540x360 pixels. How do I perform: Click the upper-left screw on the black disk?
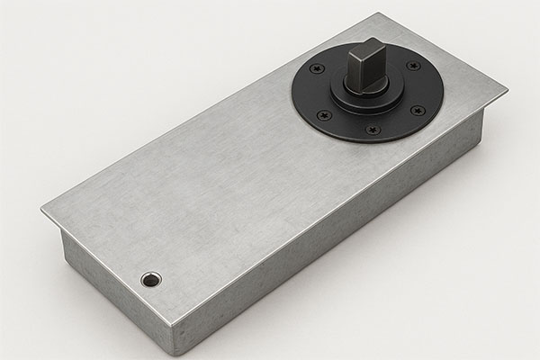pyautogui.click(x=315, y=69)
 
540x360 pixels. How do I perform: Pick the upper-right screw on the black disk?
pyautogui.click(x=412, y=66)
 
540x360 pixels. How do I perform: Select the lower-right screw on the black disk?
pyautogui.click(x=418, y=111)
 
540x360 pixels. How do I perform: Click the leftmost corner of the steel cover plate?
pyautogui.click(x=42, y=212)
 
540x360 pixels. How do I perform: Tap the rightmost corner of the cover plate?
pyautogui.click(x=506, y=90)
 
